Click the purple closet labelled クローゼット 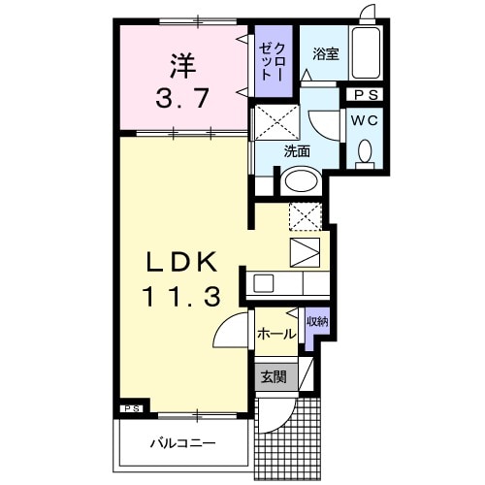[x=272, y=64]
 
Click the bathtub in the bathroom [x=367, y=54]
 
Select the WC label [x=364, y=121]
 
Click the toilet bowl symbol [x=365, y=152]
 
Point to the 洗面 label [x=297, y=151]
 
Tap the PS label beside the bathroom [x=366, y=95]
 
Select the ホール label [x=276, y=334]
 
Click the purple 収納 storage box [x=316, y=328]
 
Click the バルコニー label [x=182, y=444]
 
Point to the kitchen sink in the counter [x=264, y=283]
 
